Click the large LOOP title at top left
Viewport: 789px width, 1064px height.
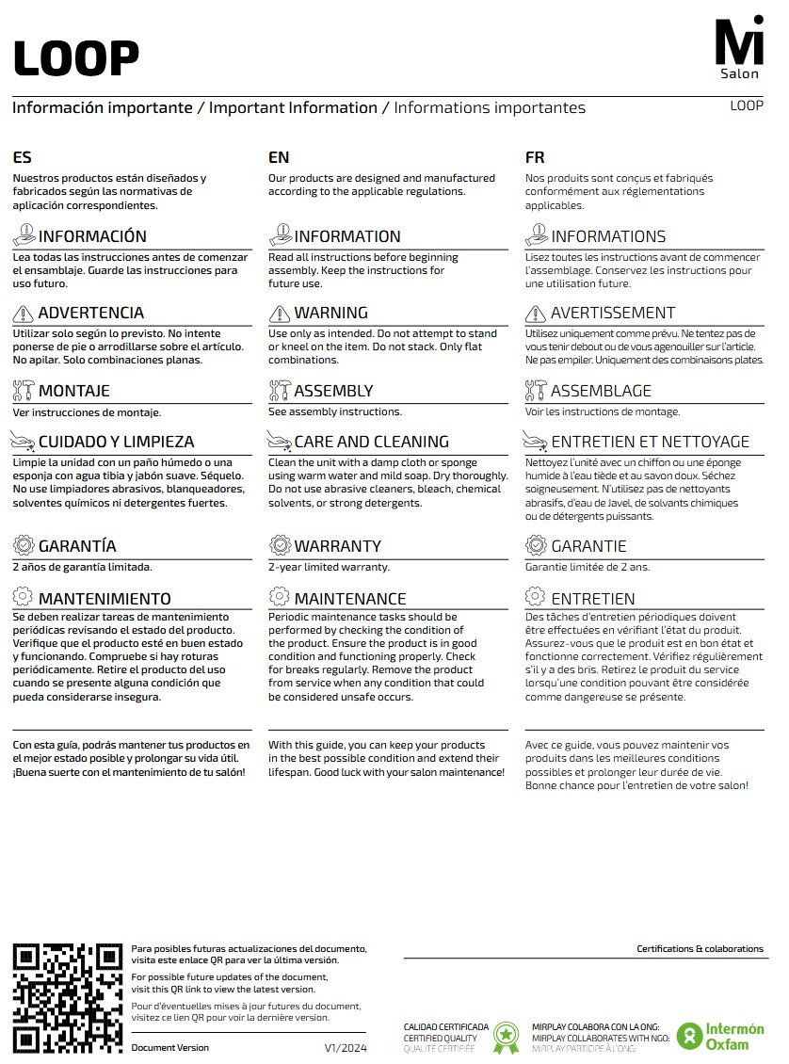tap(76, 58)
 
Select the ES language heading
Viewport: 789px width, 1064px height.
tap(22, 157)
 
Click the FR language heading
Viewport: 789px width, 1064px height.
tap(535, 157)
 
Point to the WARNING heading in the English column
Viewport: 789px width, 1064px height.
tap(330, 313)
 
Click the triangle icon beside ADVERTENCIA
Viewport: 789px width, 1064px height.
tap(24, 314)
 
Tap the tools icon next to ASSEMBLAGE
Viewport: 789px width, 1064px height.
tap(536, 391)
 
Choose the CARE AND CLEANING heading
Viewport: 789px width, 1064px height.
tap(371, 442)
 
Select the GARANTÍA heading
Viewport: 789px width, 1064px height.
tap(77, 546)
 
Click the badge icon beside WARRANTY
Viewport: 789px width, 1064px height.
tap(280, 545)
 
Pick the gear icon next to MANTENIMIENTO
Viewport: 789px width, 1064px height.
tap(24, 597)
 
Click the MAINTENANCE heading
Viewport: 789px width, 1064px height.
tap(350, 599)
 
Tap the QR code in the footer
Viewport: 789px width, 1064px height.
tap(68, 997)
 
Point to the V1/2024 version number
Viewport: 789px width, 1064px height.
tap(346, 1048)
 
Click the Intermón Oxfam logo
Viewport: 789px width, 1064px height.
tap(720, 1036)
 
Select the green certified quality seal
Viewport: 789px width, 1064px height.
tap(507, 1037)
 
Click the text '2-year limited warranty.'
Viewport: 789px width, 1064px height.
tap(329, 567)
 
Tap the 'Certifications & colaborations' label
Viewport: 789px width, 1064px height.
tap(700, 949)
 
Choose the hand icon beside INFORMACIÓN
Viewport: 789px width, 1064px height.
tap(24, 235)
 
